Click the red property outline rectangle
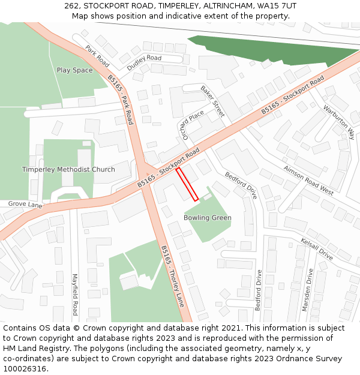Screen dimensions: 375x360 187,184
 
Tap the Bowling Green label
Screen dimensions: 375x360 208,218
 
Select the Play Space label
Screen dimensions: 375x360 75,70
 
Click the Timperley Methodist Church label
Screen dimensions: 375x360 68,169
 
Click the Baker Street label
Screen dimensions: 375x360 212,101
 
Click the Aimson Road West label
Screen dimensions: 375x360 308,180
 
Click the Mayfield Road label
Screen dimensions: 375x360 75,295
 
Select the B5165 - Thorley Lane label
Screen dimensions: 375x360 172,277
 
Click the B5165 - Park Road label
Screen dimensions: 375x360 121,99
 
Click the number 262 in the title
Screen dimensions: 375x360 71,6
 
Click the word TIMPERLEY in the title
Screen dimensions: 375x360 178,6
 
